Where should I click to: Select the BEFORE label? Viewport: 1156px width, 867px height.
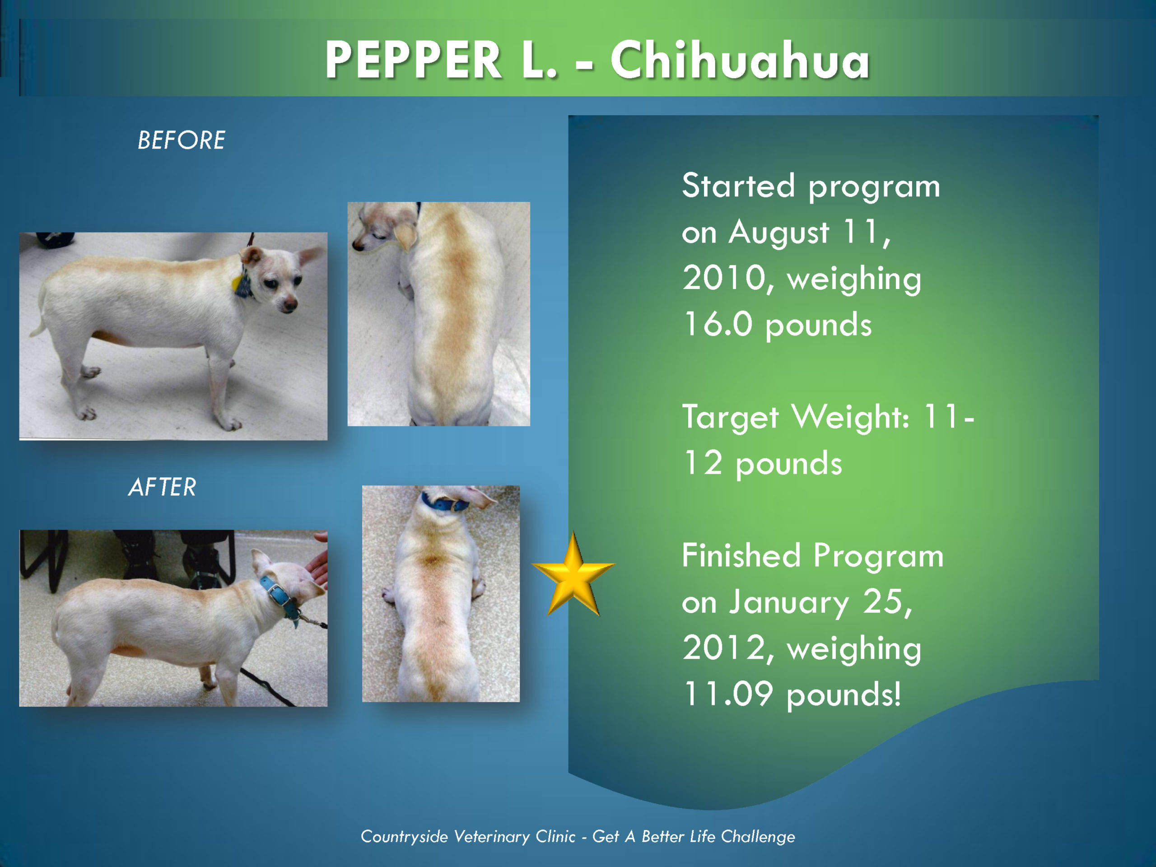[182, 140]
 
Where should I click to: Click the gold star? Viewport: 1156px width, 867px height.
[573, 574]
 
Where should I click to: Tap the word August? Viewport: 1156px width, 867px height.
[778, 233]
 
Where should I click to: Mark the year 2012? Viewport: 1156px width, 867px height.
[724, 648]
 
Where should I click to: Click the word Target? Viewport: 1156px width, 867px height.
[730, 418]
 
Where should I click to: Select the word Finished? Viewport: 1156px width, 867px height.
[741, 555]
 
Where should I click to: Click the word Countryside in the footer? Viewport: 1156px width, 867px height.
[404, 837]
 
